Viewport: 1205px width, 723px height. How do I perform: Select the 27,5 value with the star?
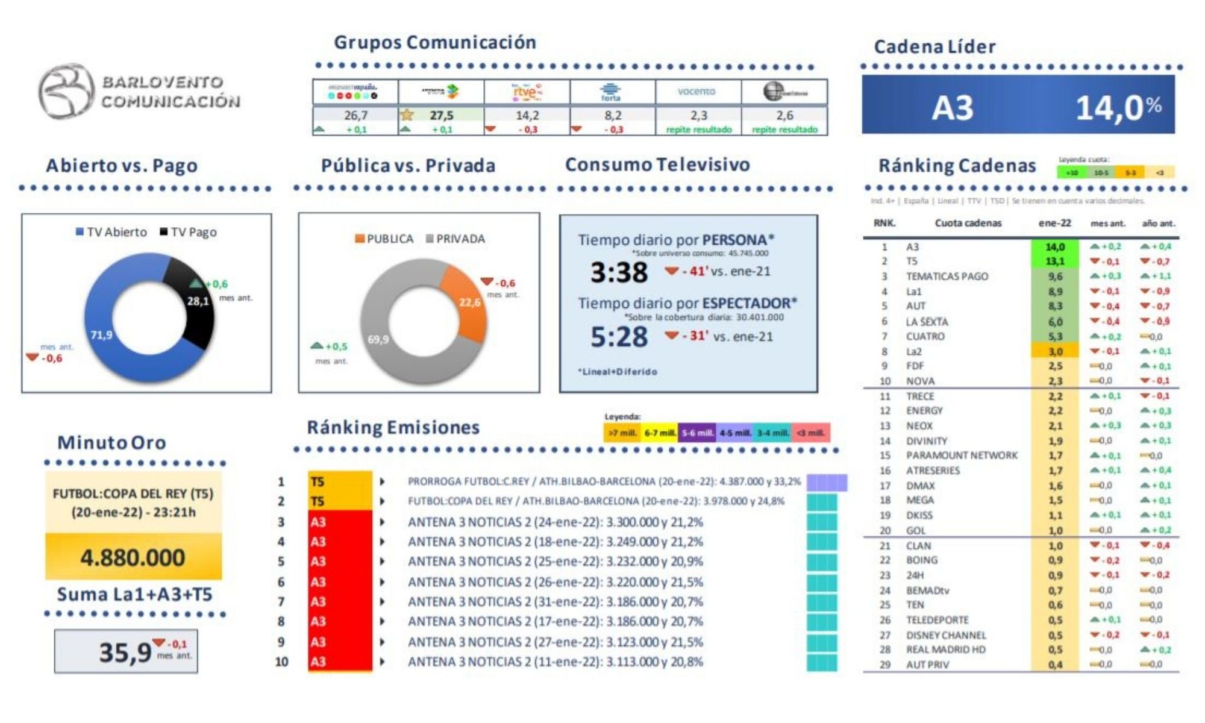pos(441,115)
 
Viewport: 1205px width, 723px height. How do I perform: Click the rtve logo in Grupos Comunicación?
pos(527,92)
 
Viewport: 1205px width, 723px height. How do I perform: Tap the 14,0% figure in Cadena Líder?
pos(1118,108)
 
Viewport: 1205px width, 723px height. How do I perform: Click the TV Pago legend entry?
pos(188,232)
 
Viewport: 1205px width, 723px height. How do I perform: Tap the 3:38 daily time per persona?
pos(619,272)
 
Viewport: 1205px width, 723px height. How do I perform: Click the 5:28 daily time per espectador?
pos(619,336)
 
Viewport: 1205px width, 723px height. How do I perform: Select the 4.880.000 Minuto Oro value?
pos(133,557)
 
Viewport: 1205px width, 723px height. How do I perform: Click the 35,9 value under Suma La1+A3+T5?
pos(125,652)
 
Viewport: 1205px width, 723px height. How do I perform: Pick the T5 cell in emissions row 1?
pos(339,481)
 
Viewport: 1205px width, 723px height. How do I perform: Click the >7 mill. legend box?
pos(621,433)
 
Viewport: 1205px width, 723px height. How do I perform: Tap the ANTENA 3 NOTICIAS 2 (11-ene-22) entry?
pos(555,662)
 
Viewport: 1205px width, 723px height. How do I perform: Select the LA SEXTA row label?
pos(927,322)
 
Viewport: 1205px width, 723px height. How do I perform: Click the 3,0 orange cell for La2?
pos(1055,351)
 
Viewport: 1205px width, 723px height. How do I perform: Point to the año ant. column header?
pos(1158,224)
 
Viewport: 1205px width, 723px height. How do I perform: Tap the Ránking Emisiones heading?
pos(393,427)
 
